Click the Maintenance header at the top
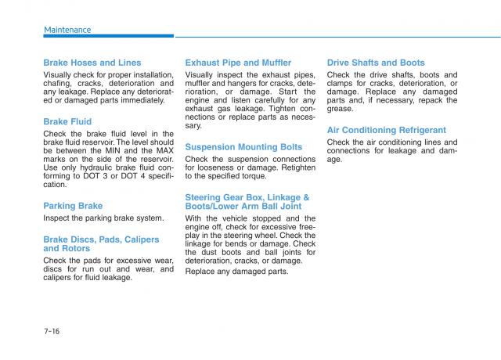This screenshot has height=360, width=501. (x=67, y=30)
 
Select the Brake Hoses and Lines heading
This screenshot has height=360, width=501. (x=92, y=63)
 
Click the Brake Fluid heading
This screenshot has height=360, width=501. (x=67, y=121)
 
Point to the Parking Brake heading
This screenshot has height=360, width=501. (x=73, y=206)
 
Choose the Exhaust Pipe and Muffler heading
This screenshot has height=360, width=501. (x=238, y=63)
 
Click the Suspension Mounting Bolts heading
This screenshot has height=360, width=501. (x=243, y=146)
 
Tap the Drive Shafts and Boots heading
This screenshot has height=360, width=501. (x=376, y=63)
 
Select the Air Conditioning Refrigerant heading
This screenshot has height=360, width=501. (x=387, y=130)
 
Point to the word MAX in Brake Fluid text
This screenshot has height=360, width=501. (x=164, y=150)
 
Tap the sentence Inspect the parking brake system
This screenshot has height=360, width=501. (x=103, y=218)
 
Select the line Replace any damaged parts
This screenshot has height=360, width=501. (x=236, y=272)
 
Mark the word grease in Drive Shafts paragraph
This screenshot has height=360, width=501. (x=341, y=109)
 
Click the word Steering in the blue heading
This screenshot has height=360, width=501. (x=204, y=197)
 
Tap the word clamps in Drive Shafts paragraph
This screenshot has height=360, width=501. (x=343, y=83)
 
